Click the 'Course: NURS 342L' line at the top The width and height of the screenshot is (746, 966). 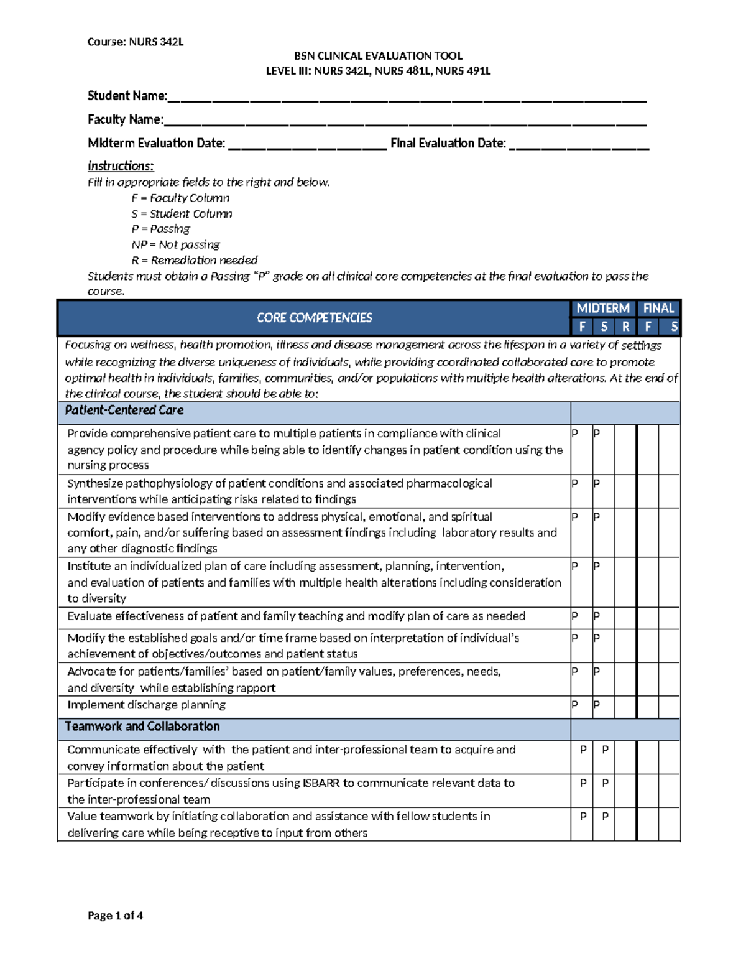[x=135, y=42]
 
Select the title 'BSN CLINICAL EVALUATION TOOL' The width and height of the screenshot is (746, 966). [x=378, y=56]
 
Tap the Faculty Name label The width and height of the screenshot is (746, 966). [x=126, y=119]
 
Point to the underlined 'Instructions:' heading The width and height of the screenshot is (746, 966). [x=121, y=166]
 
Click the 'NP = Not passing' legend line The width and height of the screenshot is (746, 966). [x=175, y=244]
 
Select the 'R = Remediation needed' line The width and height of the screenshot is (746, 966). [x=194, y=260]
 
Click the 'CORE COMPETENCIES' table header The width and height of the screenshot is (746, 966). [x=314, y=318]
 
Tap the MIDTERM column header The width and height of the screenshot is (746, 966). [x=602, y=309]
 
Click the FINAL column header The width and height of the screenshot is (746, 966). [x=658, y=309]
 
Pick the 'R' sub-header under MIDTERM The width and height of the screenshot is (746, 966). [x=625, y=327]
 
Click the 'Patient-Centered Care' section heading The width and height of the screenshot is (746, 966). [x=124, y=411]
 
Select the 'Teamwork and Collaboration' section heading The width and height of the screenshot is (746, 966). [x=142, y=727]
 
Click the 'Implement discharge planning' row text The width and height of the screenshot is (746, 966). [x=146, y=705]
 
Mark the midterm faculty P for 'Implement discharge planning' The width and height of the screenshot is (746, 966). [x=575, y=705]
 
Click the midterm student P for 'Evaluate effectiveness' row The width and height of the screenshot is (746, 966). [x=597, y=616]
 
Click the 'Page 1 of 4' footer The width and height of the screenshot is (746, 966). [x=115, y=916]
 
